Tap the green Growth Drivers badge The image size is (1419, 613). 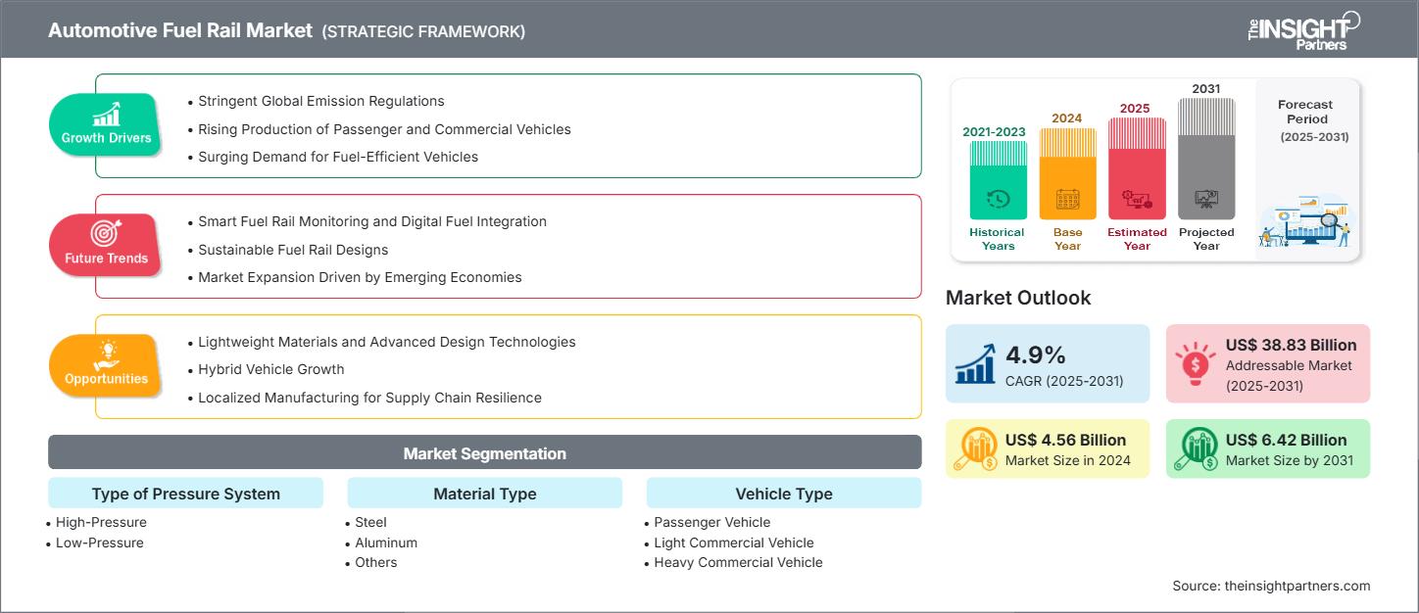point(106,125)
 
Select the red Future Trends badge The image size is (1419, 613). point(106,246)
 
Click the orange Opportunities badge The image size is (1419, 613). point(106,366)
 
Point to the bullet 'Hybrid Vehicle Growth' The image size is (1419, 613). point(271,369)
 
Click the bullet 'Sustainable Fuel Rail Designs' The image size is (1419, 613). point(293,249)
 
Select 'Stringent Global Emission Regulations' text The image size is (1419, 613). point(320,101)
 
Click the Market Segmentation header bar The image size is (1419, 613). point(484,453)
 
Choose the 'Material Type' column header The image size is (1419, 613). point(484,494)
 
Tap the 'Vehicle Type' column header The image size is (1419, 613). point(783,494)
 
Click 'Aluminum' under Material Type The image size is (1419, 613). point(386,542)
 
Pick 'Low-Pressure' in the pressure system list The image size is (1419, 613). point(99,542)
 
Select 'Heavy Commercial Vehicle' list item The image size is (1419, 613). point(738,562)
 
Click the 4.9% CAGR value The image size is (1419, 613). point(1036,354)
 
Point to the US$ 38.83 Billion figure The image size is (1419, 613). point(1291,345)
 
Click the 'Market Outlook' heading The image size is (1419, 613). point(1017,298)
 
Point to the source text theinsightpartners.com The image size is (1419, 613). point(1271,586)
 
